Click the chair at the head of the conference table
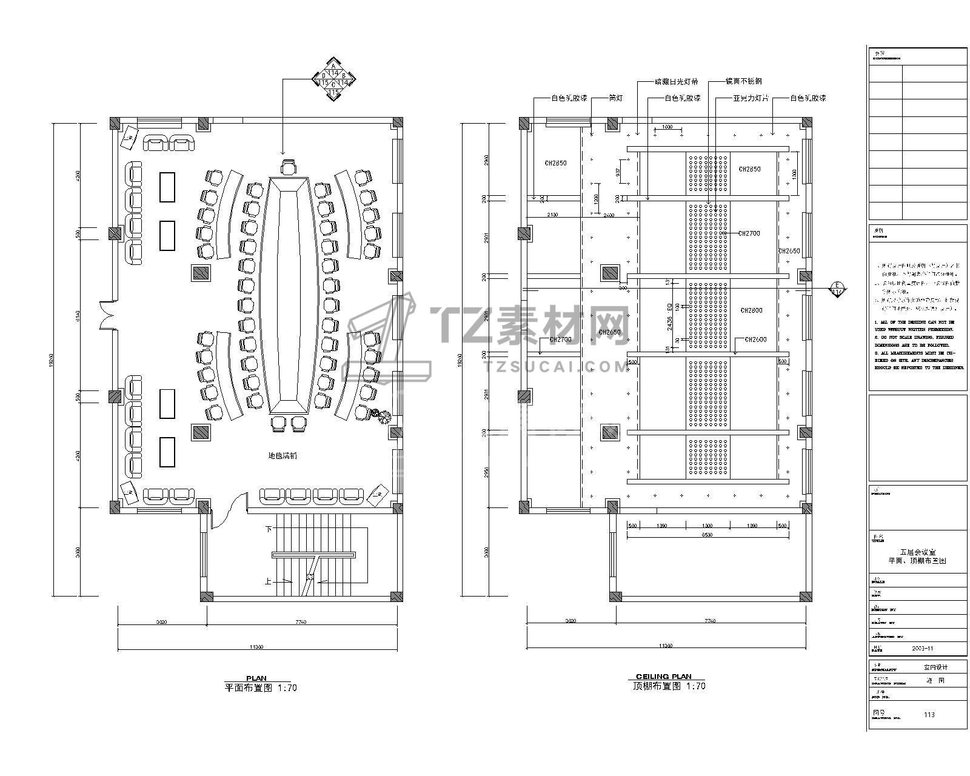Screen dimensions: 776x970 (289, 167)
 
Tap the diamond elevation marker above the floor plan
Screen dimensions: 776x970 (333, 78)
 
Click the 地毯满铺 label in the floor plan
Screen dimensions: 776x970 (283, 456)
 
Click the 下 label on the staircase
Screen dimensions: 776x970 (269, 529)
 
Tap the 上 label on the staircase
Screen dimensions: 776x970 (268, 580)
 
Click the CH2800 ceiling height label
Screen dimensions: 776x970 (751, 310)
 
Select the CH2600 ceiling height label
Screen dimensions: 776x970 (755, 339)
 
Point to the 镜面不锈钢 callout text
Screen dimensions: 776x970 (743, 81)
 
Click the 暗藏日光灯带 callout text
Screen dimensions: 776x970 (676, 81)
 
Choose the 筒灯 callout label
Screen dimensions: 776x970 (615, 98)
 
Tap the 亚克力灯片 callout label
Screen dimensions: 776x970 (751, 98)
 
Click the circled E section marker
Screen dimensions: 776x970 (837, 288)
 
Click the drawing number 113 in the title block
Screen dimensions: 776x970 (929, 714)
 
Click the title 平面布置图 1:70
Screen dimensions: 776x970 (261, 688)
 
